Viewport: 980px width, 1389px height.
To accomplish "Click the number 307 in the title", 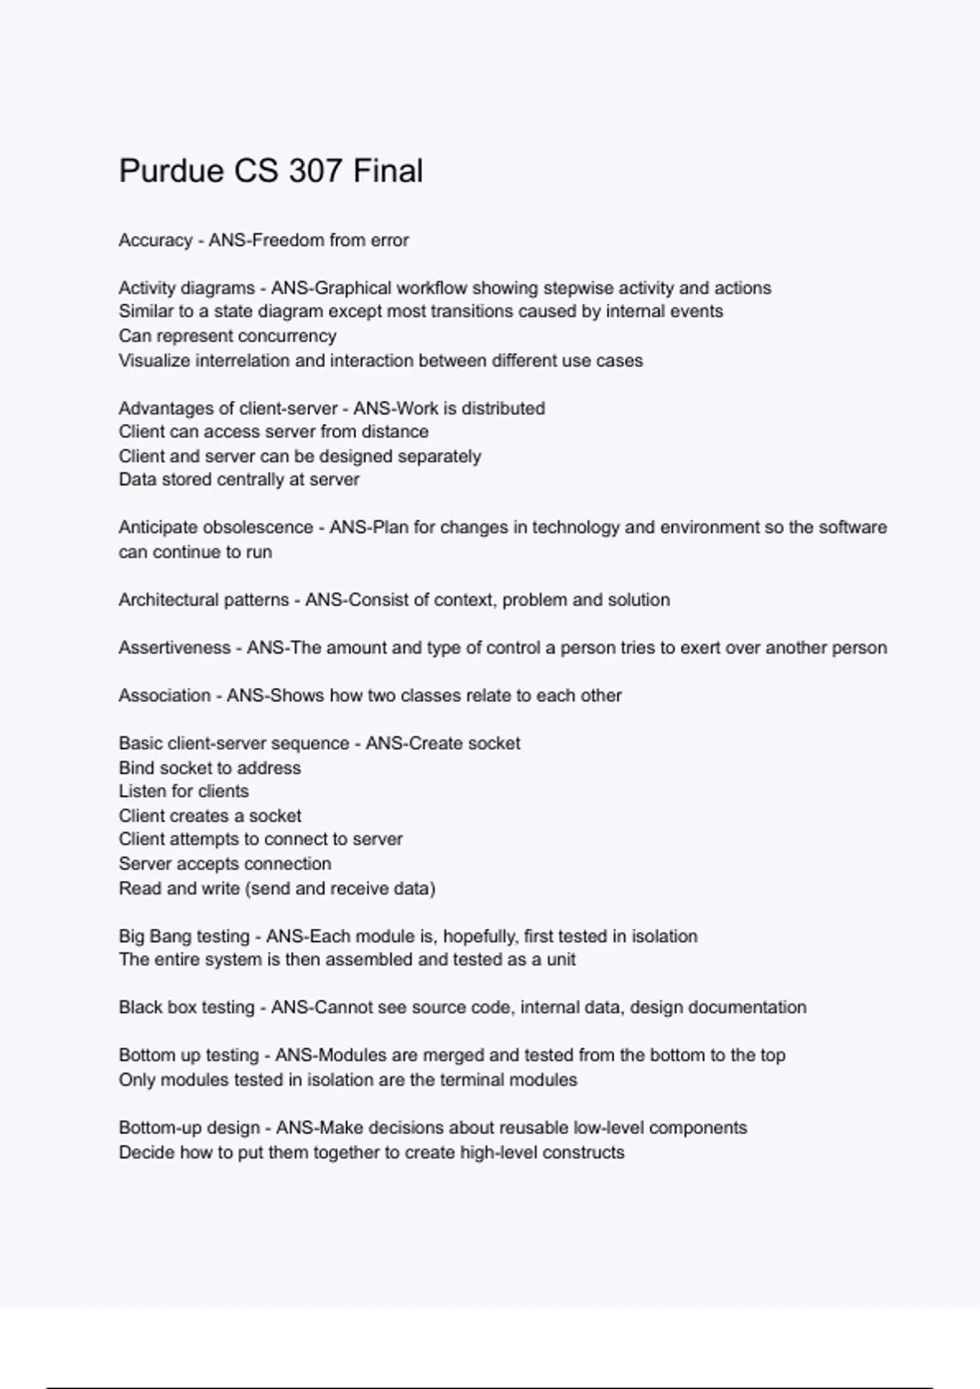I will click(314, 172).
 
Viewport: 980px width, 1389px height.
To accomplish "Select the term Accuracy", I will click(155, 240).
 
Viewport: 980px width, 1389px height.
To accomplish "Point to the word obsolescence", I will click(257, 528).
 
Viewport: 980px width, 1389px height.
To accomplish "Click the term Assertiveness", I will click(174, 648).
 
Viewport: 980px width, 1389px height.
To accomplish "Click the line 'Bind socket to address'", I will click(210, 768).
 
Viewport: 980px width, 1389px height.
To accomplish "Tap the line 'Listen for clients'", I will click(184, 791).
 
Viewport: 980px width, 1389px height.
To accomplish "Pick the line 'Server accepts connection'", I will click(225, 864).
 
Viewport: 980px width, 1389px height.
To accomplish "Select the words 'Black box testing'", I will click(186, 1007).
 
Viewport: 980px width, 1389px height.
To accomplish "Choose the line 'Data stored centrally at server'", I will click(239, 480).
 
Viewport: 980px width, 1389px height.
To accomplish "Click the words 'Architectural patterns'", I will click(203, 600).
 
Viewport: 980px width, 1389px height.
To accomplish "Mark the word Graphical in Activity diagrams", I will click(353, 288).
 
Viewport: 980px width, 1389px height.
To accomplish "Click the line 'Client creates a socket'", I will click(210, 815).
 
